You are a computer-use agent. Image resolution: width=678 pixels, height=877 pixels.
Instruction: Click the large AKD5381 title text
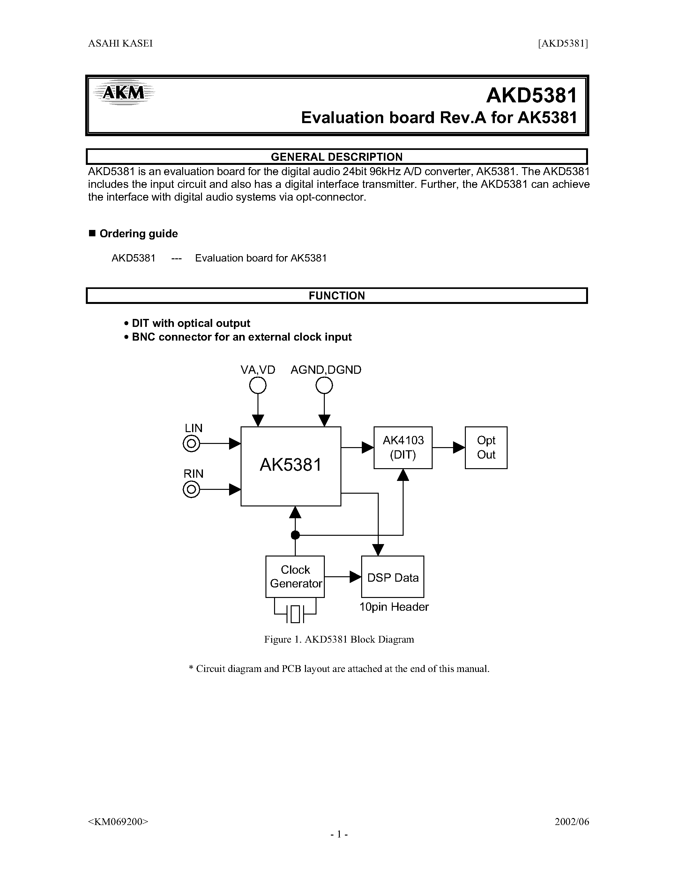click(531, 96)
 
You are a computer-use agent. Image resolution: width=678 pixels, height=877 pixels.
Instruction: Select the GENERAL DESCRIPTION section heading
click(337, 157)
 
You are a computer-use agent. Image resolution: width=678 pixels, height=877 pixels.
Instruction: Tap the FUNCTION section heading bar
click(337, 296)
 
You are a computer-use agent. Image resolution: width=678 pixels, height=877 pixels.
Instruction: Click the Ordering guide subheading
click(138, 234)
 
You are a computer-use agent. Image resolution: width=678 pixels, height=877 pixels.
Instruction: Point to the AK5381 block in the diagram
click(291, 466)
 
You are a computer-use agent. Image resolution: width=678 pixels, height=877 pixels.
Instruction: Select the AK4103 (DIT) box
click(403, 447)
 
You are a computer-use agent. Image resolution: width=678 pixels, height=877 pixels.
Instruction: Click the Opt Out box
click(486, 447)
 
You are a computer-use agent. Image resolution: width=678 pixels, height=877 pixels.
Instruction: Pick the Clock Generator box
click(295, 577)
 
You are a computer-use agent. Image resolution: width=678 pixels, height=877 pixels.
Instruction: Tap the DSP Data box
click(392, 577)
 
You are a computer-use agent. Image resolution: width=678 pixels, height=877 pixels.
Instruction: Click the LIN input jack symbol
click(191, 444)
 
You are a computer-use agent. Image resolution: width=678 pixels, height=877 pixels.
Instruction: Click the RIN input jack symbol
click(191, 490)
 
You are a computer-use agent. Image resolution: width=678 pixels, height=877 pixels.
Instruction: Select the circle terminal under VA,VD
click(258, 386)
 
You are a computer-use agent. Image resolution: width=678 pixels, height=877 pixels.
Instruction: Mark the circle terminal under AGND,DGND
click(324, 386)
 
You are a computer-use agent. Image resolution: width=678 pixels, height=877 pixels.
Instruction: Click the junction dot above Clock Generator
click(295, 535)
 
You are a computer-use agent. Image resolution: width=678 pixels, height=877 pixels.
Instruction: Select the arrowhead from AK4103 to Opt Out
click(459, 447)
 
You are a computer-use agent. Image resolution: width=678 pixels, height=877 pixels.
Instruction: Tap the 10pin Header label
click(394, 607)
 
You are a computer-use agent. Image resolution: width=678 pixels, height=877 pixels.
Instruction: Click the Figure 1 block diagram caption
click(339, 639)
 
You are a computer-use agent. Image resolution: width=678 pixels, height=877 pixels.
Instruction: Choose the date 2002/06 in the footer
click(571, 822)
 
